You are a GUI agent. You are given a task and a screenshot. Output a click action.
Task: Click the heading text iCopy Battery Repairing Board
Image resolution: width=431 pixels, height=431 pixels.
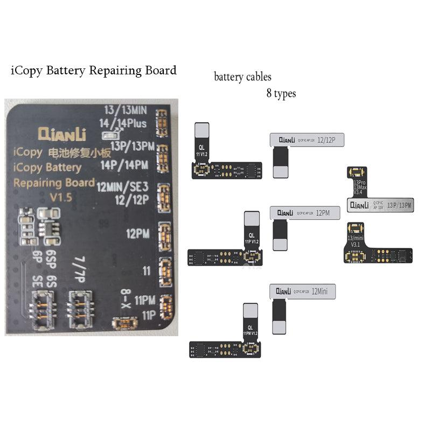tap(93, 70)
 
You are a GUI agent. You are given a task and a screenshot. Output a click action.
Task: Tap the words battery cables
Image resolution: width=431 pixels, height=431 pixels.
tap(242, 77)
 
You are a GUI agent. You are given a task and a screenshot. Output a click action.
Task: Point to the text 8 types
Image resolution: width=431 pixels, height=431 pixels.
tap(281, 93)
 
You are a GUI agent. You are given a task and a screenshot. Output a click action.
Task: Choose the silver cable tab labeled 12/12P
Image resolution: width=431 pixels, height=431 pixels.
tap(307, 140)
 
